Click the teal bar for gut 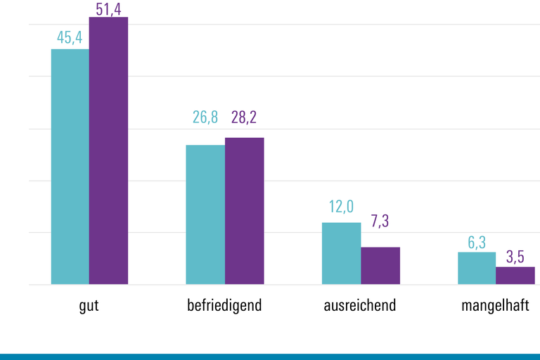[x=70, y=167]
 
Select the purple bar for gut [x=108, y=150]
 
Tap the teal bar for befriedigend [x=205, y=214]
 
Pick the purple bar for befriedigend [x=244, y=211]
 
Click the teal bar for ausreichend [x=341, y=253]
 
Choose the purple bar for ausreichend [x=380, y=266]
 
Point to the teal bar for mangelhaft [x=477, y=268]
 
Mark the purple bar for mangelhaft [x=515, y=276]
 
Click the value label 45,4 [x=70, y=37]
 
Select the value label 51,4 [x=108, y=8]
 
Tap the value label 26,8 [x=205, y=117]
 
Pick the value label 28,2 [x=244, y=117]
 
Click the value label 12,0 [x=341, y=207]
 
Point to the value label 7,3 [x=380, y=221]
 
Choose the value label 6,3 [x=477, y=243]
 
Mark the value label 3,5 [x=515, y=255]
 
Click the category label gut [x=89, y=306]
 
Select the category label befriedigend [x=224, y=306]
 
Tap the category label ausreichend [x=360, y=306]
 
